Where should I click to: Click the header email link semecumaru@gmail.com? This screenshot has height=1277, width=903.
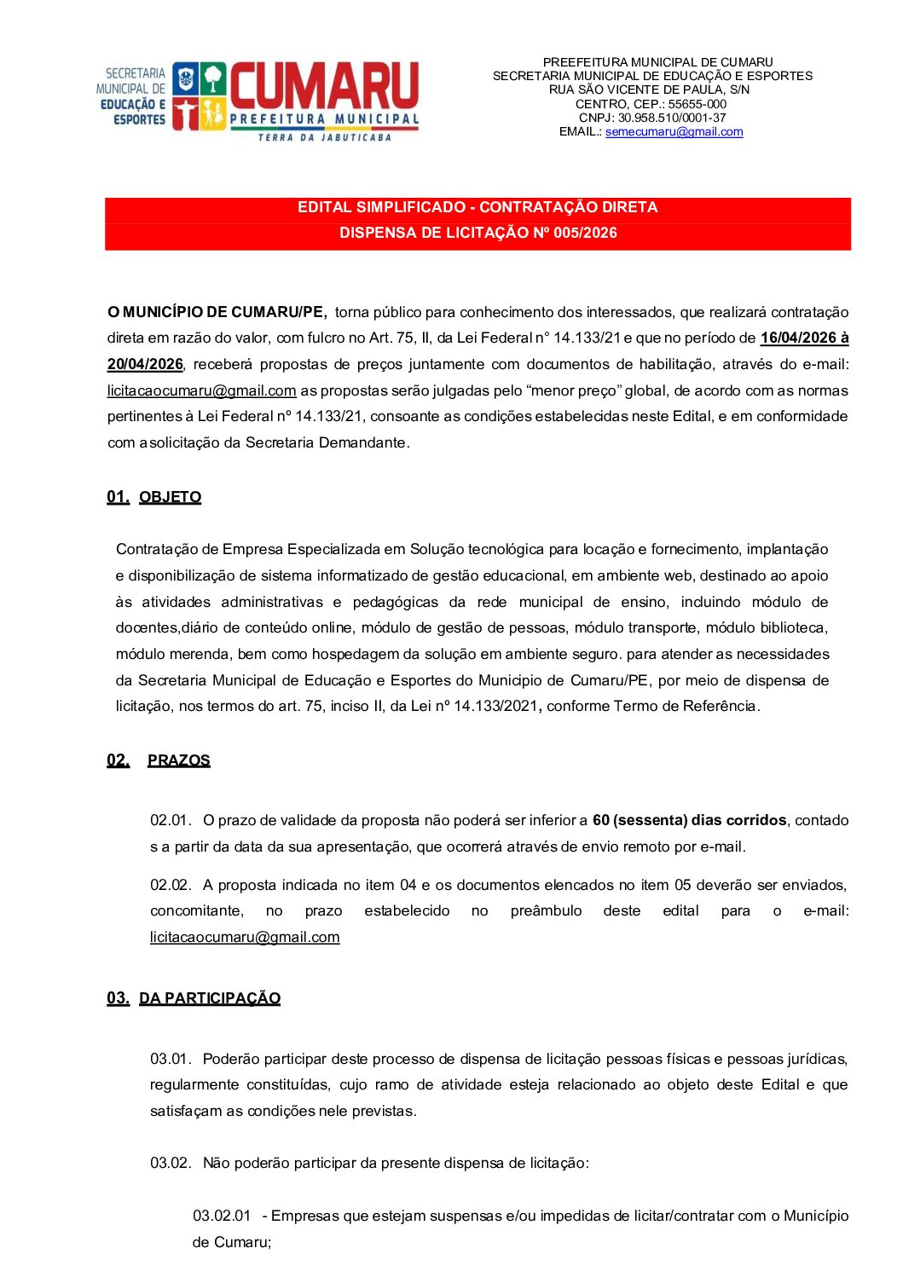[674, 132]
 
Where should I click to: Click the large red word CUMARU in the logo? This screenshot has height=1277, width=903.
[324, 87]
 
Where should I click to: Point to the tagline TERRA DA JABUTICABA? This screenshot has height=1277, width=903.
[325, 137]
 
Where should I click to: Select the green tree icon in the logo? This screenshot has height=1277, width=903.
[213, 79]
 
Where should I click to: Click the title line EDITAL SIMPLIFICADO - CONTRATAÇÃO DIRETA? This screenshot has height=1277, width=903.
[478, 207]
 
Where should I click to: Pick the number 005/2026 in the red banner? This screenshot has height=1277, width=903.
[585, 233]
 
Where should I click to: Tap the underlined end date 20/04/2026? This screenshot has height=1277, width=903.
[145, 364]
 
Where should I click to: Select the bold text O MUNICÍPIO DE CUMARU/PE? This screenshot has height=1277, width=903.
[217, 312]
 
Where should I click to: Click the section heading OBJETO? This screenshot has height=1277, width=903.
[170, 497]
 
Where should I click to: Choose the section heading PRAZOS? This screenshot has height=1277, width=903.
[178, 760]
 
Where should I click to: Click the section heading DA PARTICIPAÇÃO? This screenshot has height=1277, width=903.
[210, 998]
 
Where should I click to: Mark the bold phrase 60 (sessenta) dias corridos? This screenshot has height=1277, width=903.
[689, 820]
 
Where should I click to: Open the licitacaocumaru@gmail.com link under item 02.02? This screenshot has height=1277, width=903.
[245, 937]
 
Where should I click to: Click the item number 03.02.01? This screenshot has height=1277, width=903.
[222, 1216]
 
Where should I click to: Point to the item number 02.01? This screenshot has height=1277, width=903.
[171, 820]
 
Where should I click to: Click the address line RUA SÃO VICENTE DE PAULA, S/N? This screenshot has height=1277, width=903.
[649, 90]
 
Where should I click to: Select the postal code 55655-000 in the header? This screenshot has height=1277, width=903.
[697, 104]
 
